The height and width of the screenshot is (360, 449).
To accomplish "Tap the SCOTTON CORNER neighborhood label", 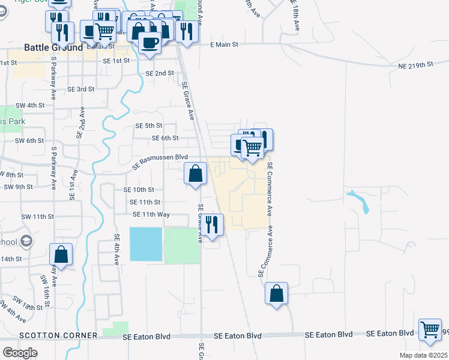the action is point(58,335).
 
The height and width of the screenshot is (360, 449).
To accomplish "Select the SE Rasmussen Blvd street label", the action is point(161,160).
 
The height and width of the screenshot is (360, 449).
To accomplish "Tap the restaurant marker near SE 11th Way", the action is point(211,225).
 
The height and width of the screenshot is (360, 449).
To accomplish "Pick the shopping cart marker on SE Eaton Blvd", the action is point(430,330).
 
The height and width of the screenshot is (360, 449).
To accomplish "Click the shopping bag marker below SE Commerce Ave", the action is point(276,294).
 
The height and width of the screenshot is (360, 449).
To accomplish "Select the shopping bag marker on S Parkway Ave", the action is point(61,254).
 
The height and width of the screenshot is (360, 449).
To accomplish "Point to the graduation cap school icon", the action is point(26,241).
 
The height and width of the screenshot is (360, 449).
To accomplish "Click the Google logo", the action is point(20,353).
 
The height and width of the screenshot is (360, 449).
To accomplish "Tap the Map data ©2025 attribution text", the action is point(423,355).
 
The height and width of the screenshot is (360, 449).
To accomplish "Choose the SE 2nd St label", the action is point(160,73).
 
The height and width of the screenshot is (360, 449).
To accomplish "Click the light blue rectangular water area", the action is point(146,244).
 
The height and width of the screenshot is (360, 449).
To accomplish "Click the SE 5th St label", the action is point(149,125).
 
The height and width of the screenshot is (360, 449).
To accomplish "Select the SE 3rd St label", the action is point(81,89).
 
